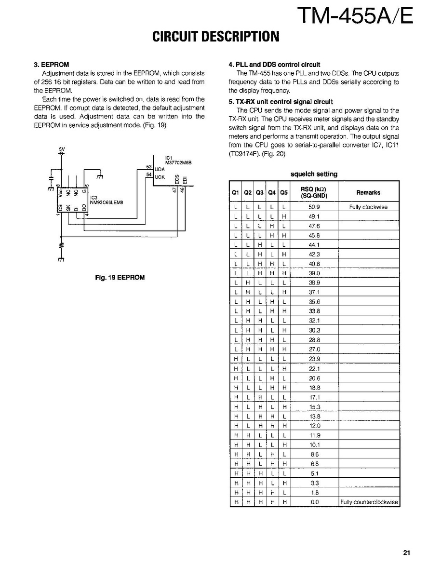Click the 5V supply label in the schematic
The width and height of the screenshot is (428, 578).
tap(62, 148)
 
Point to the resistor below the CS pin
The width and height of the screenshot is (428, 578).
tap(61, 245)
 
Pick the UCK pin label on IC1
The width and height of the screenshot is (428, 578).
tap(160, 177)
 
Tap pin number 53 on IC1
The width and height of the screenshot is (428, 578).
tap(148, 166)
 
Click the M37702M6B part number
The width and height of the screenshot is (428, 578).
tap(178, 162)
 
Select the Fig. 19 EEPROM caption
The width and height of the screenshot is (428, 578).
tap(120, 277)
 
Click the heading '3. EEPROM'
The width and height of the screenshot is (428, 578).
tap(52, 64)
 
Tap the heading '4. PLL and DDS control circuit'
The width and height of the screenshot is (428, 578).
tap(274, 64)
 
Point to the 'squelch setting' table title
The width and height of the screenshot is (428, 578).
tap(314, 174)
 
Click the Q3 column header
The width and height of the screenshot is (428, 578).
tap(259, 192)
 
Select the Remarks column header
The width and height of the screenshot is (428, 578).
tap(368, 192)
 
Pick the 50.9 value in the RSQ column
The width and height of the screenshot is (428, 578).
tap(314, 207)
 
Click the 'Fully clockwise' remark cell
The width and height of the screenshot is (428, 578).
tap(368, 207)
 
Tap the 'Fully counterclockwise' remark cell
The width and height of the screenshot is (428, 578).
tap(369, 502)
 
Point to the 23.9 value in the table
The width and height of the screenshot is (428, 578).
tap(314, 359)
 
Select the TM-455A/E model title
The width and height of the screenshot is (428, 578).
tap(356, 16)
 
